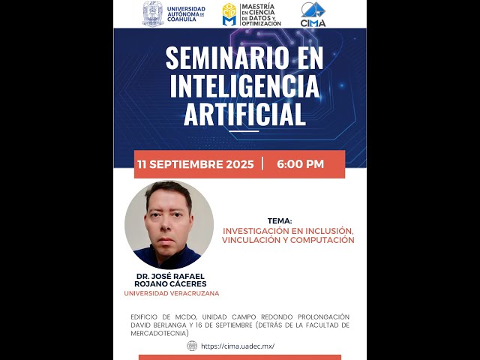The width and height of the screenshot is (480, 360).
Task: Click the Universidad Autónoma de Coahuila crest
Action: point(153,13)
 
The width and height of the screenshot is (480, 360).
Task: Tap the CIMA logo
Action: point(313,13)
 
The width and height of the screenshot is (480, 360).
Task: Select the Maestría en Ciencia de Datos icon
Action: point(229,13)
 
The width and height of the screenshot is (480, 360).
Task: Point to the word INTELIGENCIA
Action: point(244,87)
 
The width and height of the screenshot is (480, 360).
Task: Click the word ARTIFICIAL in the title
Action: point(244,115)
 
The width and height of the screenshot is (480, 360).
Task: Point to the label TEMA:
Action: point(280,221)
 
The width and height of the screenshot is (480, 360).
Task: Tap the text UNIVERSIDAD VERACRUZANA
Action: point(172,293)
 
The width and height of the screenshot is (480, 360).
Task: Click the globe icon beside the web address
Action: point(193,346)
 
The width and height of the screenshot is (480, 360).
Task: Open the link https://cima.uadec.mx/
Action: point(238,346)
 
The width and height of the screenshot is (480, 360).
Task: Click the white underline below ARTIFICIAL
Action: point(244,131)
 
